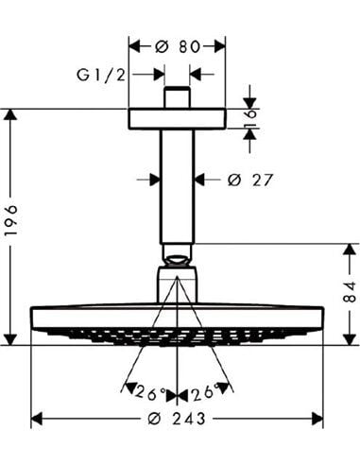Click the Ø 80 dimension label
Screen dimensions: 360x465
tap(178, 47)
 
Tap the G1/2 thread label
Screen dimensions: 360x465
tap(101, 76)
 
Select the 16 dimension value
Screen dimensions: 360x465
tap(250, 118)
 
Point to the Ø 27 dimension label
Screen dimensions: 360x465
tap(249, 180)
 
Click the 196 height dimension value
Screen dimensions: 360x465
tap(11, 220)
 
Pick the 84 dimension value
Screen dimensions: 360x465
tap(350, 292)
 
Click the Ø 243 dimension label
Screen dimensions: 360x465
tap(177, 419)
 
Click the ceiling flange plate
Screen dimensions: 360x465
tap(177, 119)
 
